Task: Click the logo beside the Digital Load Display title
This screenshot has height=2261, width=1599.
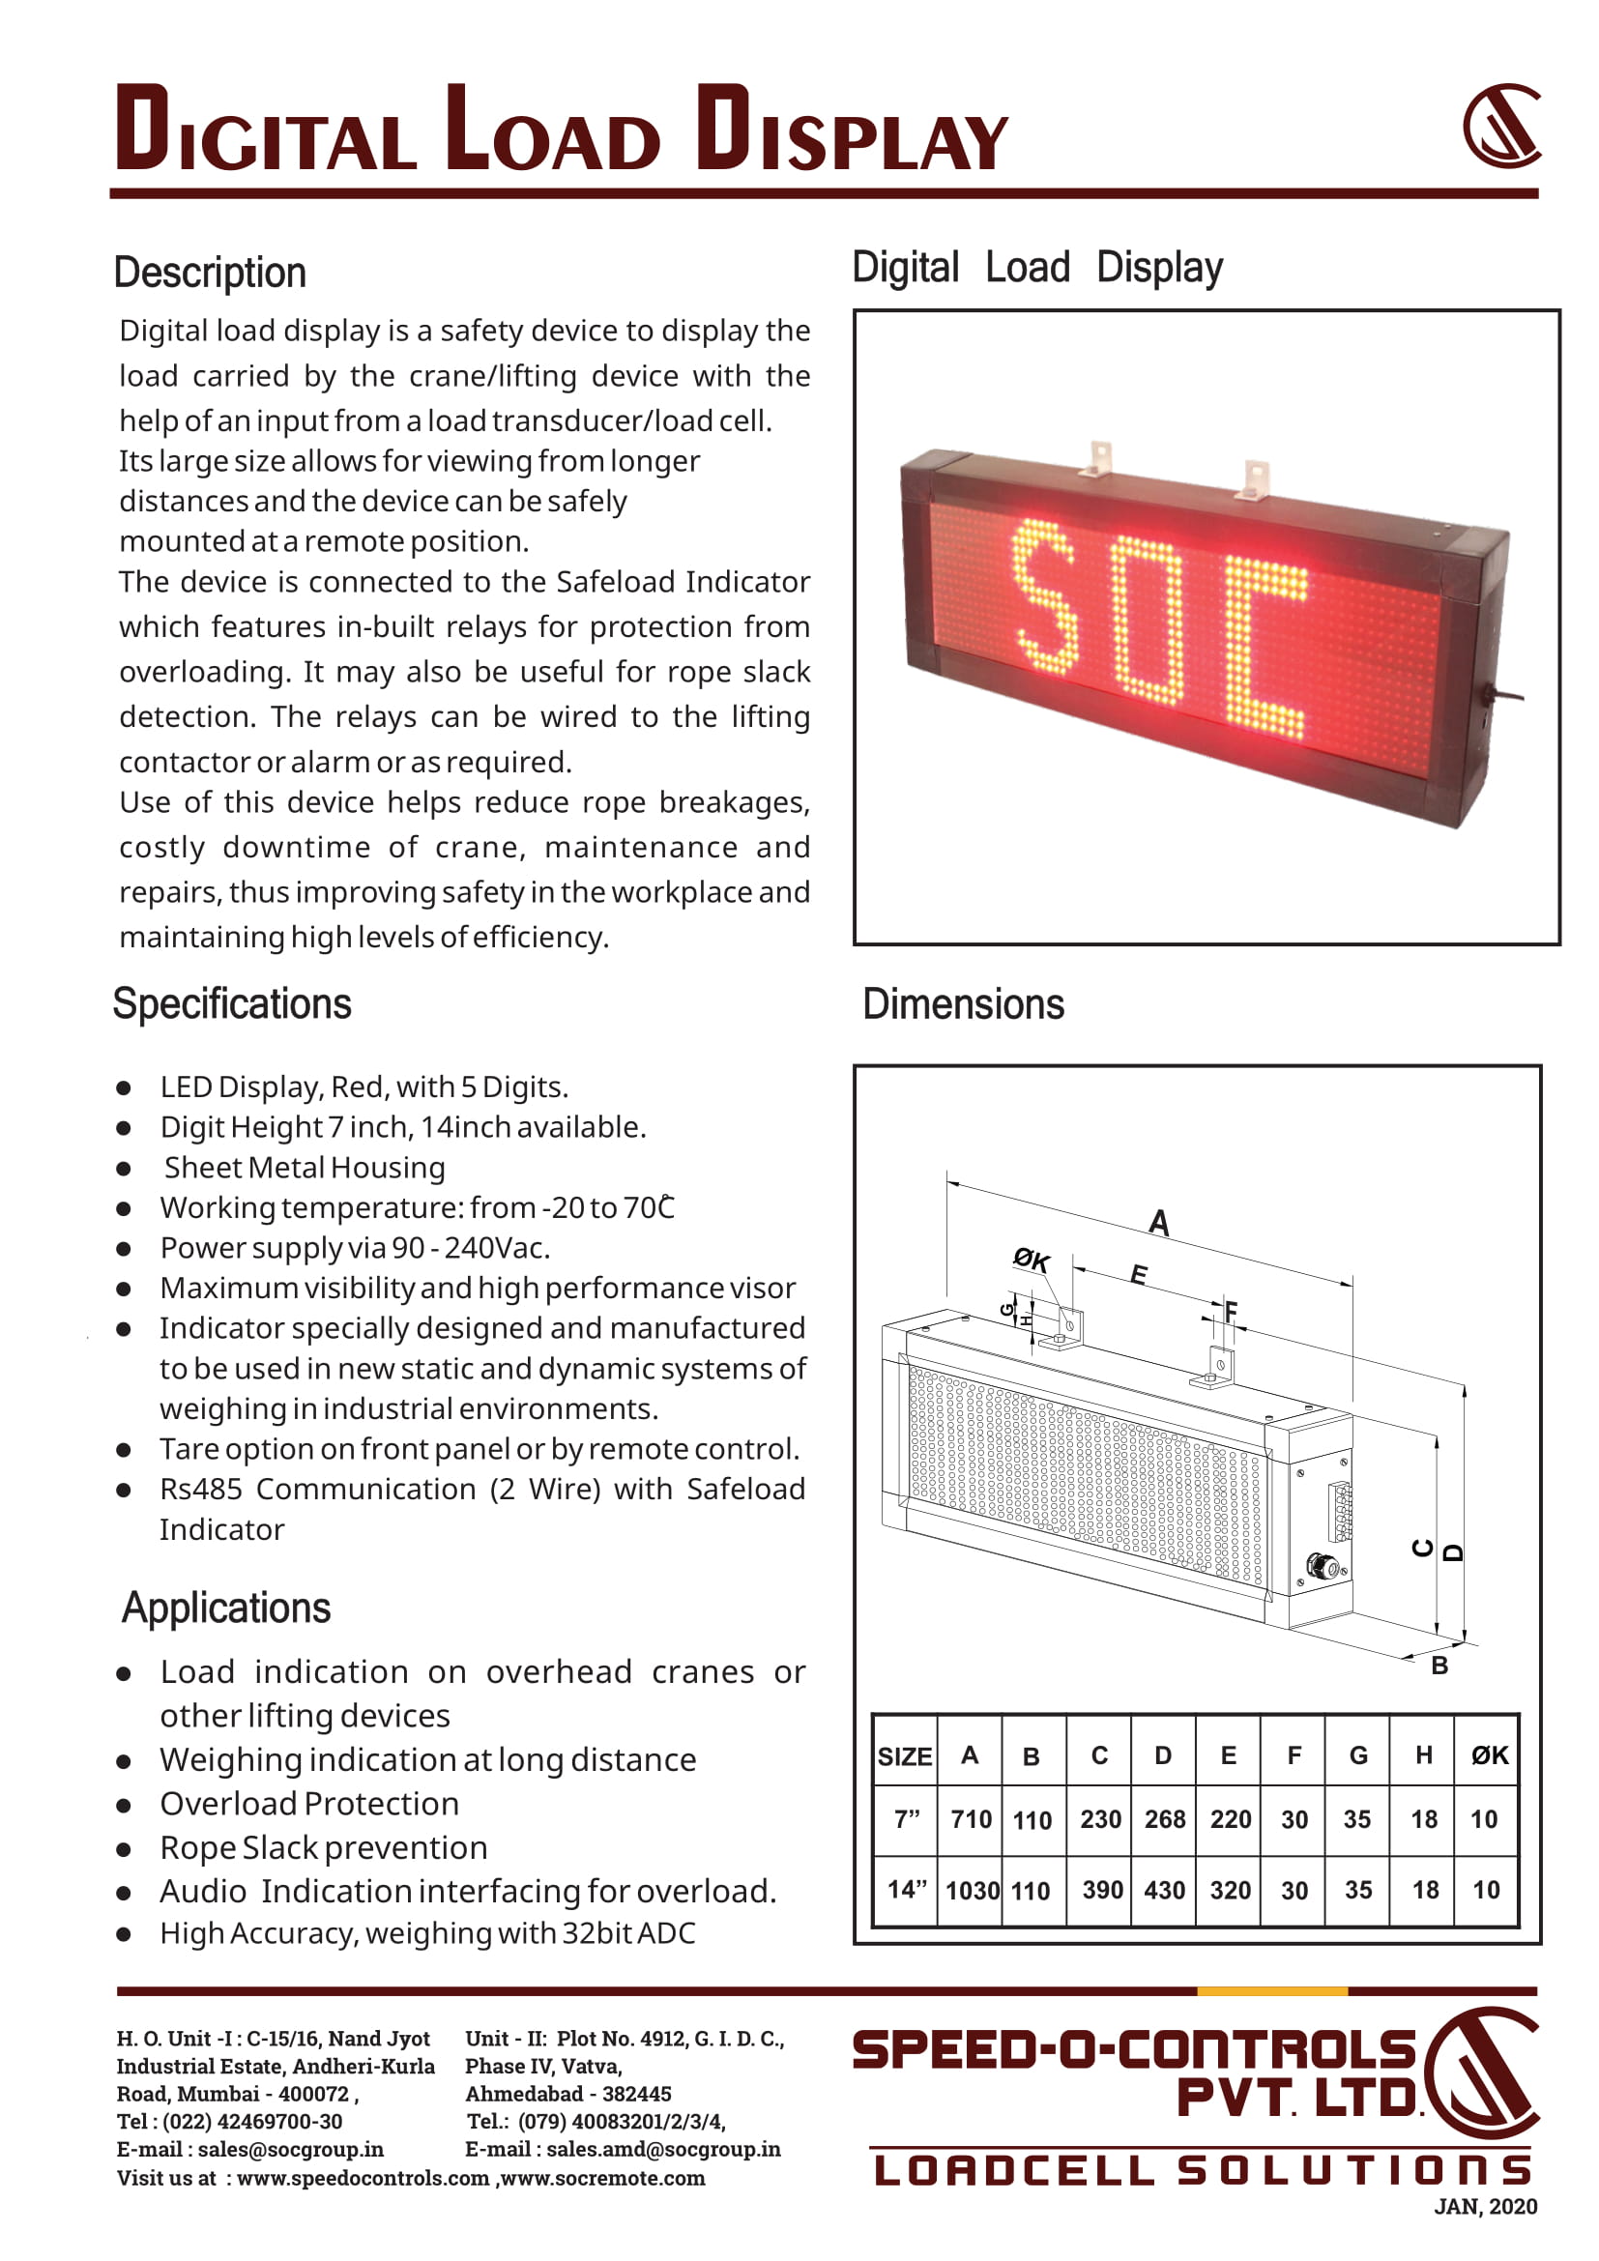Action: [1500, 126]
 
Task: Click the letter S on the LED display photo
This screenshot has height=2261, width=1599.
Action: [1043, 597]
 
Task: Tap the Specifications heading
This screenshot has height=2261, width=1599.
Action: [231, 1004]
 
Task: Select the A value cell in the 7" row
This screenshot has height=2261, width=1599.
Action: [970, 1819]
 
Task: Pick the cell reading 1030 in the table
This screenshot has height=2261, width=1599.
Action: [971, 1890]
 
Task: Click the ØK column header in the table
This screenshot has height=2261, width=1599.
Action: [1488, 1754]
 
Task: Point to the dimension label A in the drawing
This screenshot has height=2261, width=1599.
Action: [1159, 1222]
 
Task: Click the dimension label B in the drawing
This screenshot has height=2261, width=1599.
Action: [1439, 1666]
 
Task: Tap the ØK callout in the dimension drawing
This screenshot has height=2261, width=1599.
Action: [1031, 1260]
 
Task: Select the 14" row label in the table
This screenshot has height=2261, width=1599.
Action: [906, 1889]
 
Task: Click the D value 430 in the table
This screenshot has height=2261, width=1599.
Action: [1164, 1890]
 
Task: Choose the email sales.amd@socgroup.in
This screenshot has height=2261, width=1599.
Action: [662, 2149]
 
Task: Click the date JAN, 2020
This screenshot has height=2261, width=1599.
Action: [1485, 2207]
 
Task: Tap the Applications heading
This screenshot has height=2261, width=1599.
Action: [225, 1609]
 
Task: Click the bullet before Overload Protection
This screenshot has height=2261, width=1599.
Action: [124, 1805]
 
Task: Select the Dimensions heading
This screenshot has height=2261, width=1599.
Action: [963, 1004]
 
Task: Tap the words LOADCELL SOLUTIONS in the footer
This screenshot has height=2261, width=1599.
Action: [1203, 2169]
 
